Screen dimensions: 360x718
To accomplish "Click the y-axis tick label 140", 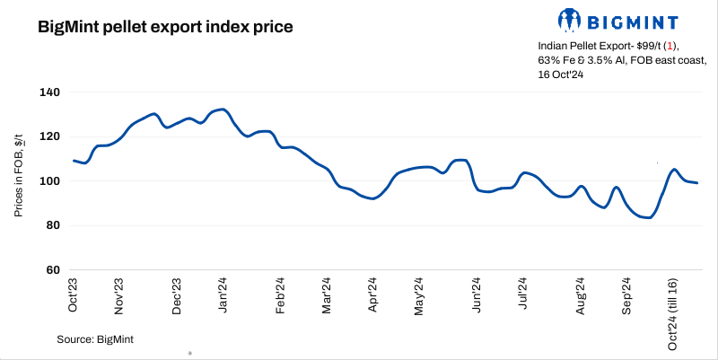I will coord(48,92).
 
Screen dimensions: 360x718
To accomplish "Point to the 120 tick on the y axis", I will coord(48,136).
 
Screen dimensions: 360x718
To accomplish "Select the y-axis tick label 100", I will coord(48,181).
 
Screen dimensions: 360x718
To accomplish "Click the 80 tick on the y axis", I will coord(51,225).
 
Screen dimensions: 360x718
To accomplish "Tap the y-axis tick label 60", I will coord(51,269).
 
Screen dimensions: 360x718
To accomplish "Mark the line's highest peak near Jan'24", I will coord(223,110).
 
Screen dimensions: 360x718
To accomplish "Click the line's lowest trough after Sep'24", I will coord(648,217).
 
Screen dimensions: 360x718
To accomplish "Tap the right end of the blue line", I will coord(698,183).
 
